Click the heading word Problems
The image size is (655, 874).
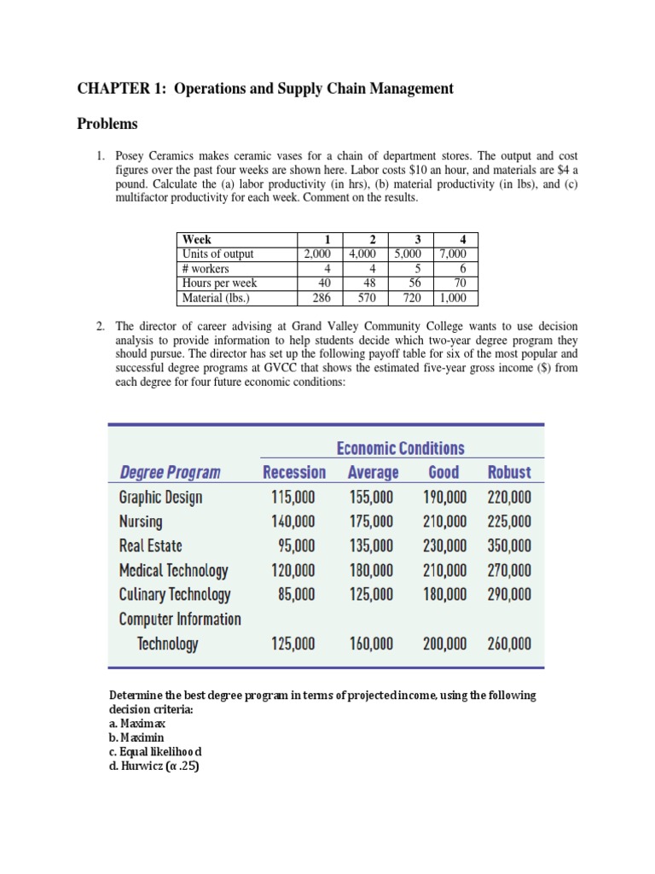[107, 125]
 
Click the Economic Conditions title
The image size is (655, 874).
[400, 448]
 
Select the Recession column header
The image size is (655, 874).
[294, 472]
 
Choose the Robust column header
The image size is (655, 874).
[508, 472]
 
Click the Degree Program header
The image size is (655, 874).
[170, 472]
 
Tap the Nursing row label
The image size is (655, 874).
[141, 521]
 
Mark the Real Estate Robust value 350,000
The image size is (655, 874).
[508, 545]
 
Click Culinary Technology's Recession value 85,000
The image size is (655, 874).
[297, 594]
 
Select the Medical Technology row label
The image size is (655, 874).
[173, 570]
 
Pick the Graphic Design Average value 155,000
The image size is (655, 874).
[372, 497]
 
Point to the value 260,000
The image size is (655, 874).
[508, 644]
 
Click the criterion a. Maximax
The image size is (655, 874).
[138, 723]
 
